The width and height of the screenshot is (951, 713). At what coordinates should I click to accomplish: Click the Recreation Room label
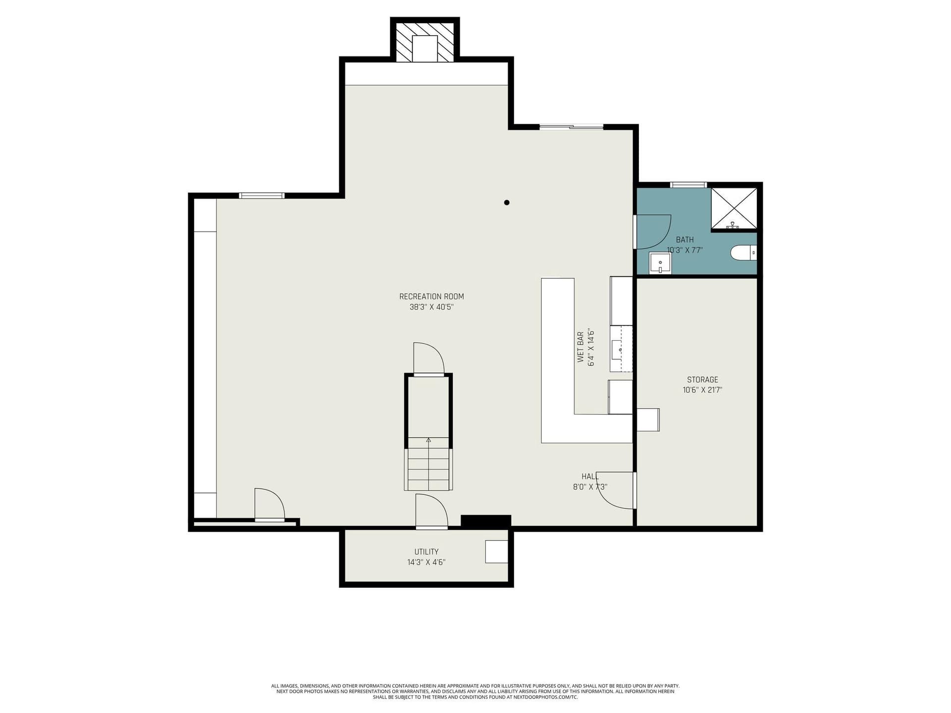(431, 297)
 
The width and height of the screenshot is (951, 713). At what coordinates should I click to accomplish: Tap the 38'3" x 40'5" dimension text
(431, 307)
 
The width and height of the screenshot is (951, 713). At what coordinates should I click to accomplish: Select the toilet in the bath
(743, 253)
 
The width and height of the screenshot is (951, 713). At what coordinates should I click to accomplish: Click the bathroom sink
(660, 263)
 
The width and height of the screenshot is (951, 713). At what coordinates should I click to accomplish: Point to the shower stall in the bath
(734, 209)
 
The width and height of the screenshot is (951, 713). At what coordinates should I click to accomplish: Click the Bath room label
(685, 240)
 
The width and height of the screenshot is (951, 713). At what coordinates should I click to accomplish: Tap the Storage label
(702, 380)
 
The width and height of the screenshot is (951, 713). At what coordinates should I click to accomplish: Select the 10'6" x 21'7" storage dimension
(702, 390)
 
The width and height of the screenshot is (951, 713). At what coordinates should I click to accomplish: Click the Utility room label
(426, 552)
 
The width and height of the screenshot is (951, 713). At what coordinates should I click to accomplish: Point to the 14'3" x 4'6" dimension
(426, 562)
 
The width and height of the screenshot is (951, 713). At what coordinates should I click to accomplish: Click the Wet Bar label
(581, 347)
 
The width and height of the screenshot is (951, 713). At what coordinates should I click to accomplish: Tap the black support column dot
(507, 203)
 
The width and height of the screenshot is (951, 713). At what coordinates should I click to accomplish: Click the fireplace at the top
(425, 42)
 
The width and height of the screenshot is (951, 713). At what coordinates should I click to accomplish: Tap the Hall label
(590, 476)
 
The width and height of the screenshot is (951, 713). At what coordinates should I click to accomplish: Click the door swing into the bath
(653, 231)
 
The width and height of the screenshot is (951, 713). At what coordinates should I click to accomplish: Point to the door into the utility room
(432, 511)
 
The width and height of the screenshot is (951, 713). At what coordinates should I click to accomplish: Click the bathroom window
(688, 185)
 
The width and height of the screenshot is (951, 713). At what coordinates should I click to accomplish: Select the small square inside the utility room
(497, 552)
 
